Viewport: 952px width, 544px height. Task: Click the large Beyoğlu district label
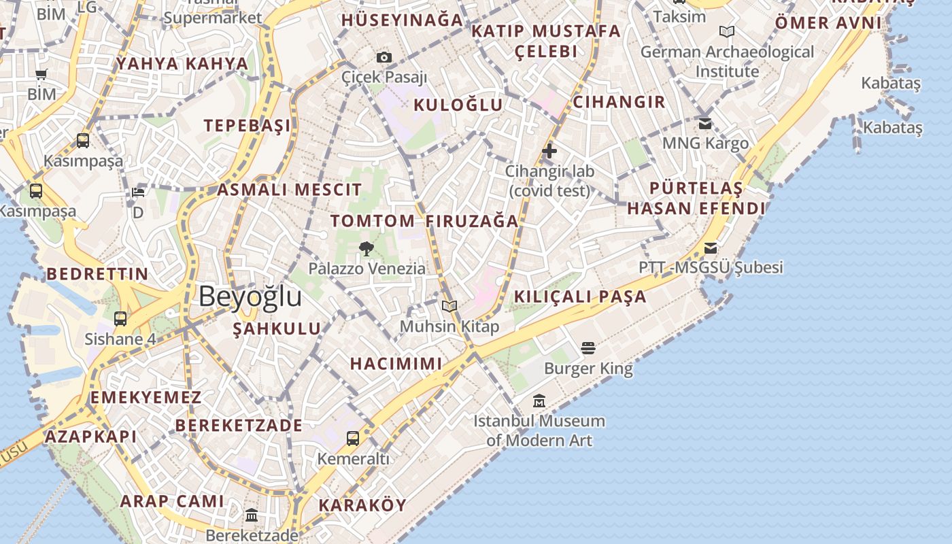[x=250, y=297]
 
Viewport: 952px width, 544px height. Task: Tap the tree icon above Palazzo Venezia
[x=367, y=248]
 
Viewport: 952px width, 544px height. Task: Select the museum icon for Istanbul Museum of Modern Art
[x=539, y=401]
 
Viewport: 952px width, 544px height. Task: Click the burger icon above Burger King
[x=588, y=348]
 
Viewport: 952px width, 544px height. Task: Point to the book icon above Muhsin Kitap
[x=449, y=307]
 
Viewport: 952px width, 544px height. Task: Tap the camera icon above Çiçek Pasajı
[x=384, y=57]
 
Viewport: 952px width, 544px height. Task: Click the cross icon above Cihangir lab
[x=549, y=151]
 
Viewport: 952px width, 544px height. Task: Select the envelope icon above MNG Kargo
[x=705, y=124]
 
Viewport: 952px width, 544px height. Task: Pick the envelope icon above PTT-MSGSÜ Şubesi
[x=711, y=248]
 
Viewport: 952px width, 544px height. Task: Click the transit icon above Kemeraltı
[x=353, y=439]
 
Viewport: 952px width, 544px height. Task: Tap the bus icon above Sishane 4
[x=120, y=318]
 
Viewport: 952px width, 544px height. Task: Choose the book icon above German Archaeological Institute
[x=727, y=31]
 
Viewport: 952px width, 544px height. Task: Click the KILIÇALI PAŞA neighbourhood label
[x=580, y=296]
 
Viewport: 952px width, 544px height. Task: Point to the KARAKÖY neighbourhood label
[x=362, y=505]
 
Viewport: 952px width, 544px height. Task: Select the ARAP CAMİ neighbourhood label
[x=172, y=501]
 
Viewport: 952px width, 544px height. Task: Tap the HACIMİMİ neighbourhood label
[x=396, y=363]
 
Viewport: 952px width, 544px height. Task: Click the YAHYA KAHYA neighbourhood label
[x=182, y=64]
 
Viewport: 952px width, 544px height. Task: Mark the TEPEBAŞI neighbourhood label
[x=248, y=125]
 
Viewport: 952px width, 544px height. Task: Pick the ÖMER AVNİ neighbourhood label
[x=828, y=23]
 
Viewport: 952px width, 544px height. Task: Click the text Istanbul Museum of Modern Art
[x=539, y=430]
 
